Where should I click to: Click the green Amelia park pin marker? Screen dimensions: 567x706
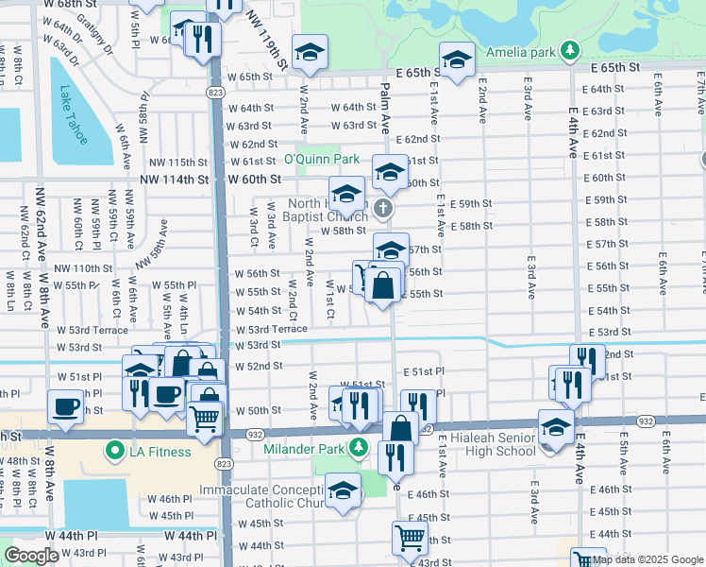pyautogui.click(x=569, y=49)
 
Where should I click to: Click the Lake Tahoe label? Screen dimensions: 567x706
pyautogui.click(x=74, y=115)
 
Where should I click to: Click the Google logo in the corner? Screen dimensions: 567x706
pyautogui.click(x=31, y=556)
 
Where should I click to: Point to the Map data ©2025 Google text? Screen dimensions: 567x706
pyautogui.click(x=647, y=559)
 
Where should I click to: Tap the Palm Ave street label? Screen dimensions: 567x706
pyautogui.click(x=385, y=107)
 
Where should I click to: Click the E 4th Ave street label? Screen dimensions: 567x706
pyautogui.click(x=573, y=131)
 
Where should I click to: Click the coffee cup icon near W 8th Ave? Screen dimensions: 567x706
pyautogui.click(x=65, y=406)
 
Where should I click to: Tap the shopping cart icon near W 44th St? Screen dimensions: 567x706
pyautogui.click(x=410, y=538)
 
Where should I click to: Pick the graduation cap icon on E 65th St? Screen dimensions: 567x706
pyautogui.click(x=456, y=61)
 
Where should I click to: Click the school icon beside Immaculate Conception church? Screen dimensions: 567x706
pyautogui.click(x=343, y=490)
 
